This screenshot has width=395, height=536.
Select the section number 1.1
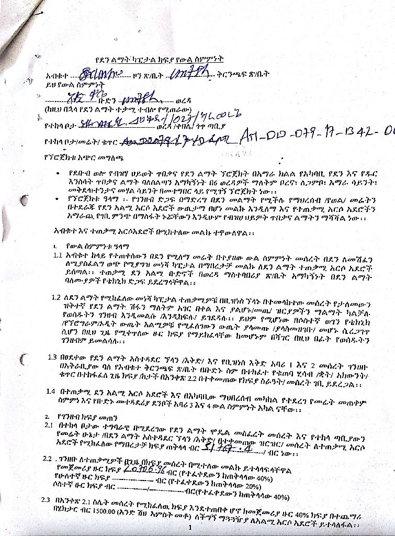58,255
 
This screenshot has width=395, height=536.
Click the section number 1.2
57,297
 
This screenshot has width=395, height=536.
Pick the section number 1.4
51,391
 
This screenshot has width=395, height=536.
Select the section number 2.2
48,458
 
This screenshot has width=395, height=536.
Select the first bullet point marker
57,172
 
